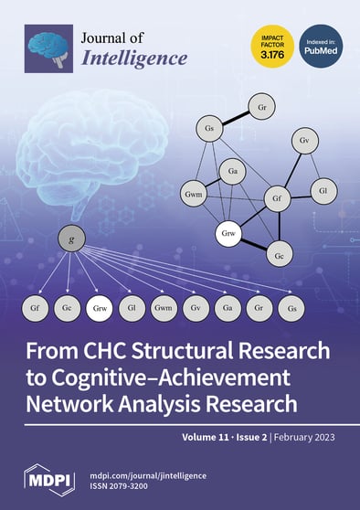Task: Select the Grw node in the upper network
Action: [229, 235]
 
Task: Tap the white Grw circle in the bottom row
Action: [101, 310]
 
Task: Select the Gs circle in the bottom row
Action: [291, 310]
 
